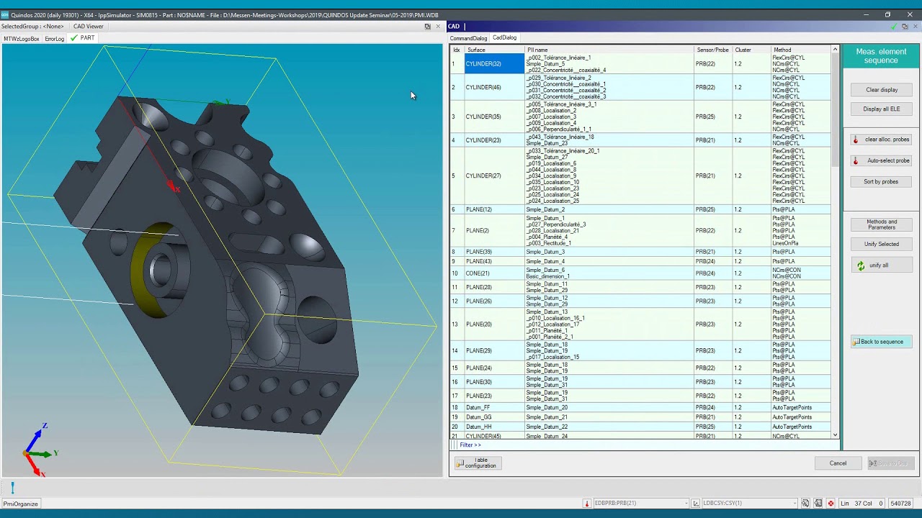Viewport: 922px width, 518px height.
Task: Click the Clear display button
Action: coord(882,90)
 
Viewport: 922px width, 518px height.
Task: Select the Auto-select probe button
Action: coord(882,160)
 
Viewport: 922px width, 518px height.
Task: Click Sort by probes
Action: coord(882,181)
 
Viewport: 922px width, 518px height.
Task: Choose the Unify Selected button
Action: coord(882,244)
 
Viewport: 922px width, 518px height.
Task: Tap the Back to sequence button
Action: coord(882,342)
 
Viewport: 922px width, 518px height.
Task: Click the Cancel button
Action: coord(838,463)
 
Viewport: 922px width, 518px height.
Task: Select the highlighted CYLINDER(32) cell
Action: coord(494,64)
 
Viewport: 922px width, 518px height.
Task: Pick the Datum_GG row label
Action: coord(478,417)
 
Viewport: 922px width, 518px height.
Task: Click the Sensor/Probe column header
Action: coord(712,50)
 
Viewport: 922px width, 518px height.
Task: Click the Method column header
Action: coord(782,50)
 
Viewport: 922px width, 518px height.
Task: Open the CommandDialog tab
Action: coord(468,38)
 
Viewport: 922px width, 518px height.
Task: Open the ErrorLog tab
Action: coord(55,39)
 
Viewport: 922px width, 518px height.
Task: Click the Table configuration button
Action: coord(478,463)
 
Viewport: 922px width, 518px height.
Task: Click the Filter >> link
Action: coord(470,445)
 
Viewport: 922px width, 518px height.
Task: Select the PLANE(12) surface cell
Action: coord(479,209)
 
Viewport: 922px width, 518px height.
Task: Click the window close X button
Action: coord(910,14)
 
